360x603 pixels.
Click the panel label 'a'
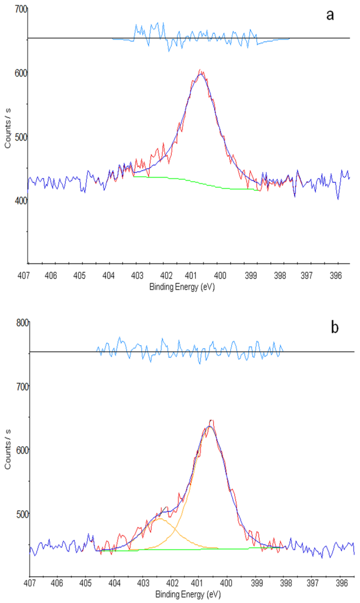point(330,15)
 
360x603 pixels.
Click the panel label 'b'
point(334,328)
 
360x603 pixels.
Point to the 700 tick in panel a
point(21,9)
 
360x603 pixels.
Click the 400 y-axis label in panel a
point(21,201)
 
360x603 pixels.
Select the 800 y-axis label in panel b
point(22,323)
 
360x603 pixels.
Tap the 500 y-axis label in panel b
point(22,514)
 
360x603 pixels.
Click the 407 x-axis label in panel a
point(24,275)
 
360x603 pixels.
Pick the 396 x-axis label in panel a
point(335,275)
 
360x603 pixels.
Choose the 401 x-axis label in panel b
point(197,583)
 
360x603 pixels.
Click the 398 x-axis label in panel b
point(285,583)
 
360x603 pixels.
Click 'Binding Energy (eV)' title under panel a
point(182,287)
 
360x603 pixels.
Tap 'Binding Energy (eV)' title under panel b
point(188,595)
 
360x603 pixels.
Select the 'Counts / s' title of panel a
point(8,128)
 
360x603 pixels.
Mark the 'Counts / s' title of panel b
point(8,449)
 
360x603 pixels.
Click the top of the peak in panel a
point(201,74)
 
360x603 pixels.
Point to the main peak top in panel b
point(210,426)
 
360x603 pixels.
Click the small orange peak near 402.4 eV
point(160,519)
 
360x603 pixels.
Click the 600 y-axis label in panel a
point(21,73)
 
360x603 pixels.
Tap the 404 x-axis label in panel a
point(108,275)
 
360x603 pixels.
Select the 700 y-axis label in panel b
point(22,387)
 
